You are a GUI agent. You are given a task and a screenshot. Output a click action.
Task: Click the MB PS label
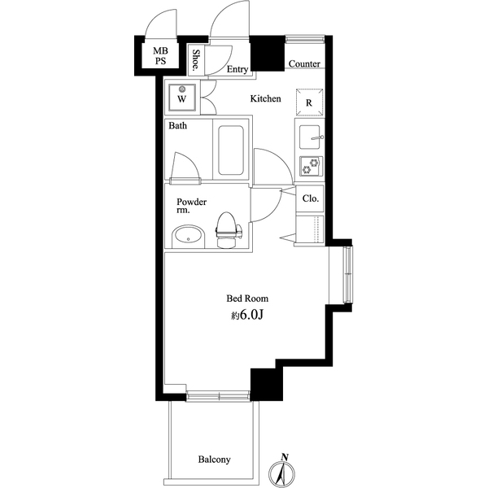coord(160,56)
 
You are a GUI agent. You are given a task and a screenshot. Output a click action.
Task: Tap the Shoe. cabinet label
coord(197,60)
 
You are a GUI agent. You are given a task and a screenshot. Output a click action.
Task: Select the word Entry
coord(237,70)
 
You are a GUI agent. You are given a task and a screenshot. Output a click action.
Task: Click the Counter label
coord(304,64)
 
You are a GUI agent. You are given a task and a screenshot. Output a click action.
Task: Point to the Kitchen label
coord(265,99)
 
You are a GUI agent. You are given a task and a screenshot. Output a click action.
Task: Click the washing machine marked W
coord(182,98)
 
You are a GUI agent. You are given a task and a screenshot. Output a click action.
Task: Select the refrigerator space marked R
coord(310,102)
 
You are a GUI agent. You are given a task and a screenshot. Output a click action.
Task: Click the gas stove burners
coord(310,167)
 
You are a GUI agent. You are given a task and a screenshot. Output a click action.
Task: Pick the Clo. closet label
coord(310,198)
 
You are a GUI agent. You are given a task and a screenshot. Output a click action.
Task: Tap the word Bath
coord(178,127)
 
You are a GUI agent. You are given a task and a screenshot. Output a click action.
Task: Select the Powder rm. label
coord(192,206)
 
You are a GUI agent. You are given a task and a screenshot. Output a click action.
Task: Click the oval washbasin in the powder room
coord(190,237)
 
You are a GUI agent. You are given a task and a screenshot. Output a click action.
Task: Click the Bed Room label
coord(247,298)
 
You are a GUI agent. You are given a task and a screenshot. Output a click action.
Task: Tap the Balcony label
coord(215,460)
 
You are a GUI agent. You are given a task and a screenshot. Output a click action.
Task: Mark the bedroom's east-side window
coord(347,276)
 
